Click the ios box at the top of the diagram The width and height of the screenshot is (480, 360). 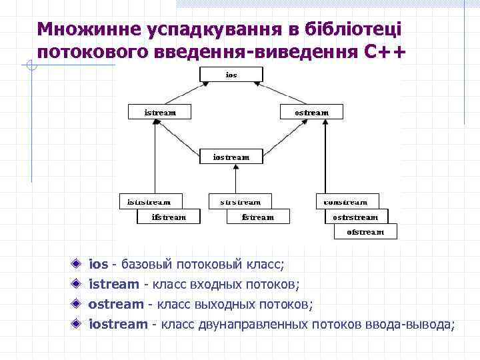point(231,75)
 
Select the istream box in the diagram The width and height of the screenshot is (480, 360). point(160,112)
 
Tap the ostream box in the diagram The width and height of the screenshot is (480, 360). point(311,112)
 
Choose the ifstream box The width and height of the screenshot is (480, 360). point(169,217)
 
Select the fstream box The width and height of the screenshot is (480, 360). point(258,217)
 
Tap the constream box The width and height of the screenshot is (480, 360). point(347,201)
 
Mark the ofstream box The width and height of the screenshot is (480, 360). point(365,231)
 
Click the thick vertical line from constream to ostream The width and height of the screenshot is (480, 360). point(325,160)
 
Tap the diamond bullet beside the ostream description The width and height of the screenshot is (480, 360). point(78,304)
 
